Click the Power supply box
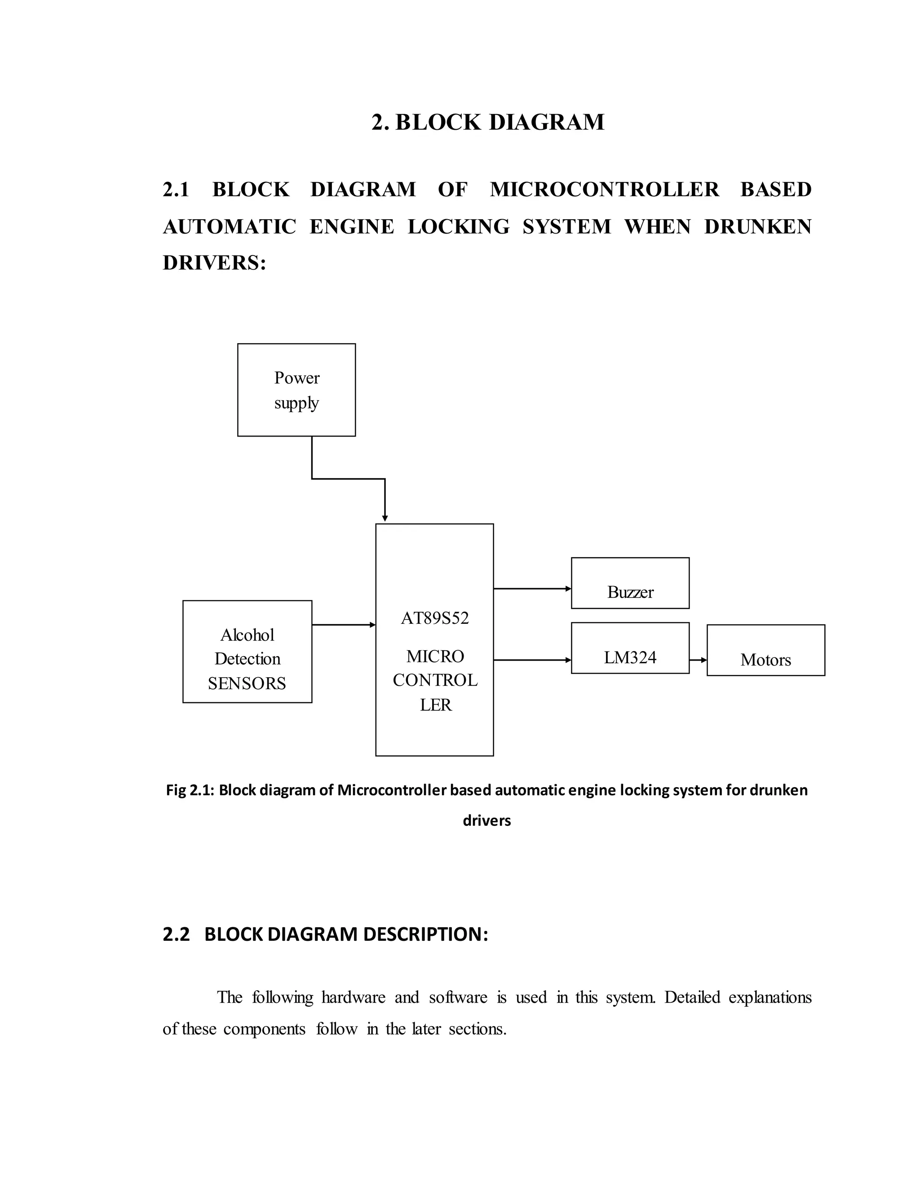296,390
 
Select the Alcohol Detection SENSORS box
247,651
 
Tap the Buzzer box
630,583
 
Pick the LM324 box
630,648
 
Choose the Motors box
766,650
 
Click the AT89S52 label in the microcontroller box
434,618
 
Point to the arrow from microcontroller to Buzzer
532,588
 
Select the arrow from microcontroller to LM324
532,660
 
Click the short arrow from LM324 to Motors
698,660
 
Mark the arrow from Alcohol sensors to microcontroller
343,625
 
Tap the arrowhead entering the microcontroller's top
385,518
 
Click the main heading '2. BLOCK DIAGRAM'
488,122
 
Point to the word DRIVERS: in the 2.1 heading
214,263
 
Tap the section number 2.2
176,934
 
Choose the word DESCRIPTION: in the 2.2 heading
425,934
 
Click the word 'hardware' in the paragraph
353,997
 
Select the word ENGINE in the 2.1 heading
352,226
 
